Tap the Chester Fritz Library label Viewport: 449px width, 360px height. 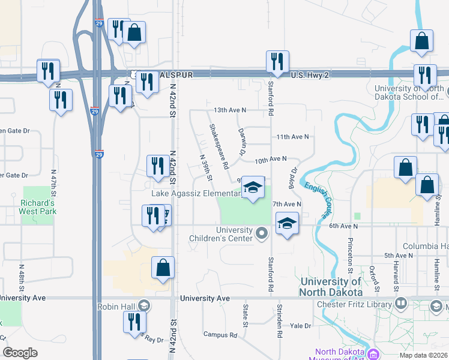(x=354, y=304)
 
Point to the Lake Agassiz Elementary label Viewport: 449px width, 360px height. (x=196, y=193)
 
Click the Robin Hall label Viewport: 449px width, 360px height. (x=117, y=306)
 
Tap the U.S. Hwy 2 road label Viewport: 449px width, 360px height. (x=310, y=75)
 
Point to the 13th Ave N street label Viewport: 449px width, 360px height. (x=230, y=110)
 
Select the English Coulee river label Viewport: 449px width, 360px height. (x=318, y=199)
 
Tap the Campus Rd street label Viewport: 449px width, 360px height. (x=221, y=334)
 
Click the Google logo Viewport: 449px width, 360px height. (x=20, y=353)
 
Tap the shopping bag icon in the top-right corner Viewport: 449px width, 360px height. (x=422, y=41)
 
